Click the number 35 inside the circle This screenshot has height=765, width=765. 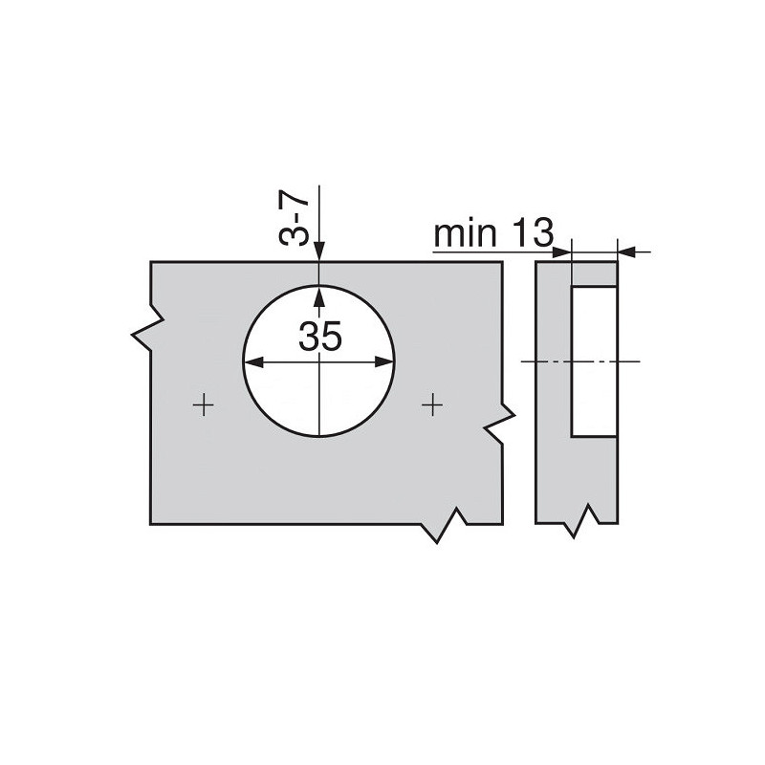[319, 337]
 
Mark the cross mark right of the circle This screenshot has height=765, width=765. [434, 405]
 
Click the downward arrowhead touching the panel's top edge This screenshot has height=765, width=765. [319, 252]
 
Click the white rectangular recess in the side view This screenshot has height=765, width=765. [594, 361]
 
